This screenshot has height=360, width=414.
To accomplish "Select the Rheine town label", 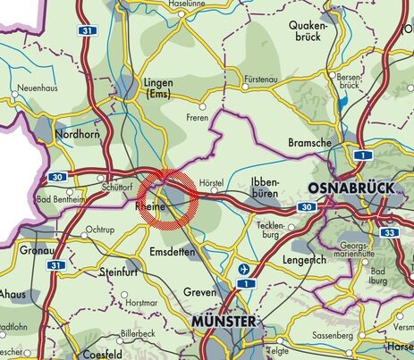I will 149,207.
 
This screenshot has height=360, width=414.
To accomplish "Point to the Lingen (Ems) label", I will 158,88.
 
